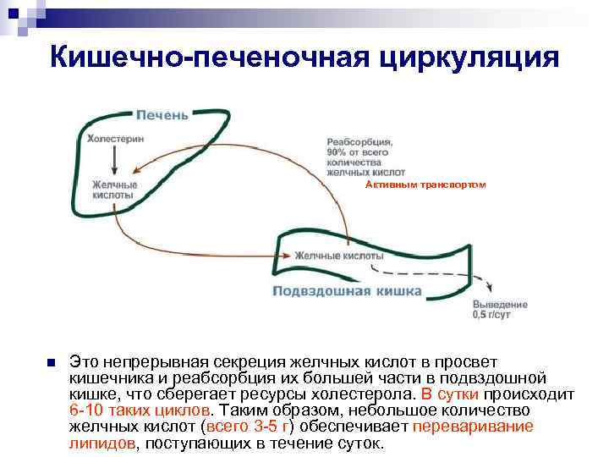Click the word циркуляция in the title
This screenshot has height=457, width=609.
[468, 57]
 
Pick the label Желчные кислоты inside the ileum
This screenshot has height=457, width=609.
[338, 256]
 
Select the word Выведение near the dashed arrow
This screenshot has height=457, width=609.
[500, 304]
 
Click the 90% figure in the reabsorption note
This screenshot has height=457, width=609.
[337, 152]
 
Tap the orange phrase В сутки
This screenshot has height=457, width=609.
[450, 394]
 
